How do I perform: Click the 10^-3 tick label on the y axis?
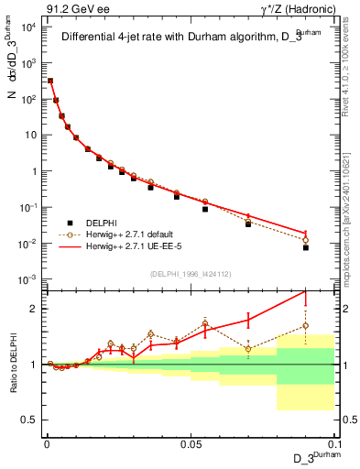[x=27, y=279]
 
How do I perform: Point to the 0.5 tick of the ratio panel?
[x=29, y=420]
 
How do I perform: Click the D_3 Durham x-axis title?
[x=311, y=458]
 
